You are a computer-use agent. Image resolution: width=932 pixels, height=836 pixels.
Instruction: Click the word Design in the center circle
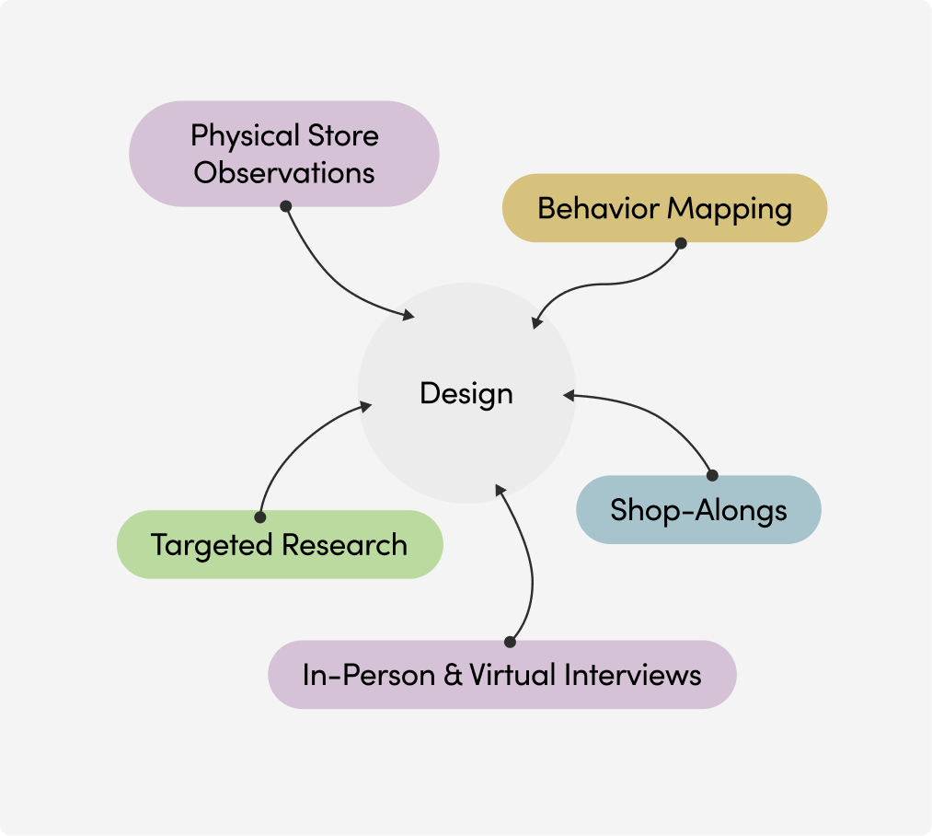[466, 393]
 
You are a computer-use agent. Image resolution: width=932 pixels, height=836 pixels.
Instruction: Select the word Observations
[284, 172]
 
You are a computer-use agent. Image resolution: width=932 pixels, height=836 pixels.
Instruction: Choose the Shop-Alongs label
[698, 509]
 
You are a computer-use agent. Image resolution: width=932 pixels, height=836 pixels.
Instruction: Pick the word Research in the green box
[344, 544]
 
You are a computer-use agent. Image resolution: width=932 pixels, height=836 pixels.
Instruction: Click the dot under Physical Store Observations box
[285, 206]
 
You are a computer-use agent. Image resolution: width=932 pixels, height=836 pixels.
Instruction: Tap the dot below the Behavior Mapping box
[681, 243]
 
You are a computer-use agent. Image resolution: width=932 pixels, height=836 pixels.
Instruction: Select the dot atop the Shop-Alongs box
[711, 475]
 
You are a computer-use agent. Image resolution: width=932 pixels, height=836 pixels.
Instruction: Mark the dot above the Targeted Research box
[259, 517]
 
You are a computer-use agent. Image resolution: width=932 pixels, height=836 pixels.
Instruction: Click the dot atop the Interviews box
[510, 641]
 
